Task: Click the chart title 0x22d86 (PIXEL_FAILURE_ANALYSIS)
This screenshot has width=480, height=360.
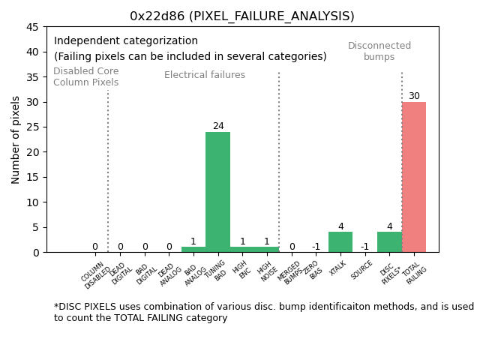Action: (241, 16)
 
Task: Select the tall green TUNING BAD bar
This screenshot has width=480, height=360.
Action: (217, 192)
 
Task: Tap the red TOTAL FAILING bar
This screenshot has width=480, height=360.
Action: (413, 177)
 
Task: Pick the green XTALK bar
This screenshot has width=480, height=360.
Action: (340, 242)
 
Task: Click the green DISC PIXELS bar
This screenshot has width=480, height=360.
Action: (389, 242)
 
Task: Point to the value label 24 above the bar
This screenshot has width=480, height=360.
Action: (218, 126)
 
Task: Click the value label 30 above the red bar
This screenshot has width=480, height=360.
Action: (414, 96)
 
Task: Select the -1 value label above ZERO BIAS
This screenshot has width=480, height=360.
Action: (316, 247)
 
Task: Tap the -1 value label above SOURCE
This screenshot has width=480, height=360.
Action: (364, 247)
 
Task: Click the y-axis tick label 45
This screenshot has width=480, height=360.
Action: (34, 27)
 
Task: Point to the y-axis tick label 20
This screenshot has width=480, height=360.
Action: (34, 152)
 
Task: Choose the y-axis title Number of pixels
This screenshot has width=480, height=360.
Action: (16, 139)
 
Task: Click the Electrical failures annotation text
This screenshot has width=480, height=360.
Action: (205, 75)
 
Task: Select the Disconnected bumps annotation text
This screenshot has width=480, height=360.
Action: (379, 51)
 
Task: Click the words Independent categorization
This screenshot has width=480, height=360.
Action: (126, 41)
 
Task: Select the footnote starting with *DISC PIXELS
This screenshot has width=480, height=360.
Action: (263, 312)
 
